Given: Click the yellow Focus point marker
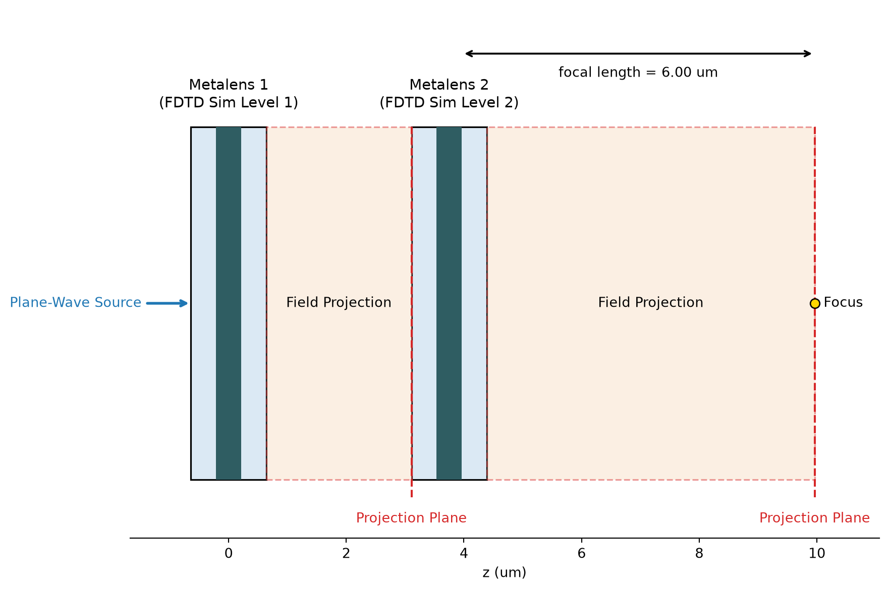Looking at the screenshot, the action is [814, 303].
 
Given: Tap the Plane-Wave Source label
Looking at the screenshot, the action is [76, 302].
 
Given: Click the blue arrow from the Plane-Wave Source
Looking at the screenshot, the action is [167, 303].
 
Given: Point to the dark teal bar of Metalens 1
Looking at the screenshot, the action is [229, 303].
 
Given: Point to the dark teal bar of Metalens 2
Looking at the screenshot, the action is [449, 303].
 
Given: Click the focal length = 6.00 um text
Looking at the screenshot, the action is [638, 73].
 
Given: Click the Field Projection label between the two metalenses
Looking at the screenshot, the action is [339, 302].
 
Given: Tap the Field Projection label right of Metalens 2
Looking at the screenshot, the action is [650, 302].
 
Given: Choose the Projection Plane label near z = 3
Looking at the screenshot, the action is [411, 518].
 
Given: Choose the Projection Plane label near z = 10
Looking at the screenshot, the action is [814, 518].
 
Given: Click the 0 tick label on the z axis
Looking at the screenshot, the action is [229, 554].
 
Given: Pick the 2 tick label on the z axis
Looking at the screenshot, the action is [346, 554].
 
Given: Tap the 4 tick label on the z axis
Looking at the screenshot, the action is [464, 554].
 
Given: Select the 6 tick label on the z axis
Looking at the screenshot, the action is [581, 554].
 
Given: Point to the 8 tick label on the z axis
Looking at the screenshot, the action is [699, 554].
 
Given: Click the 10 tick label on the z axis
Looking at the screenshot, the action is [817, 554].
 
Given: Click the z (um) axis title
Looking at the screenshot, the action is [504, 573].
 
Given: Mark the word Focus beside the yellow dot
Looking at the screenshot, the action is [843, 302].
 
